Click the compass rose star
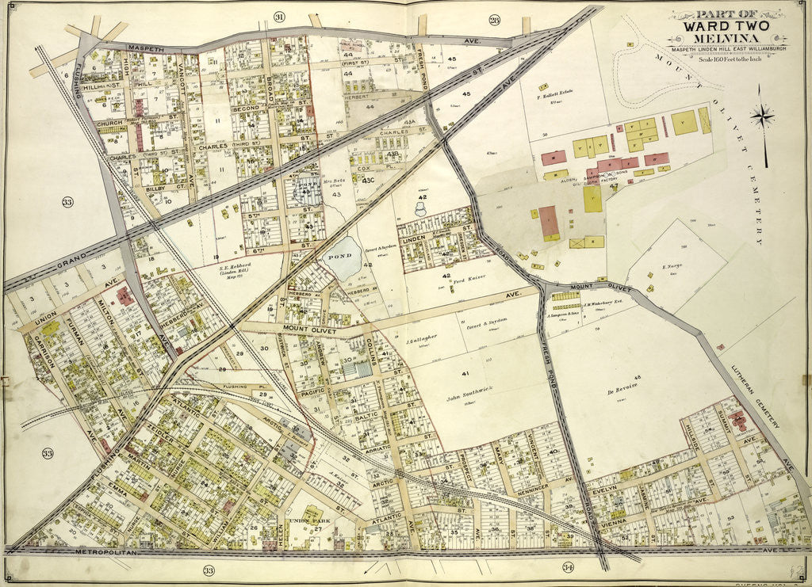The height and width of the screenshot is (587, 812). [x=762, y=116]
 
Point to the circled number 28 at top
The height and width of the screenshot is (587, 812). [x=494, y=20]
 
